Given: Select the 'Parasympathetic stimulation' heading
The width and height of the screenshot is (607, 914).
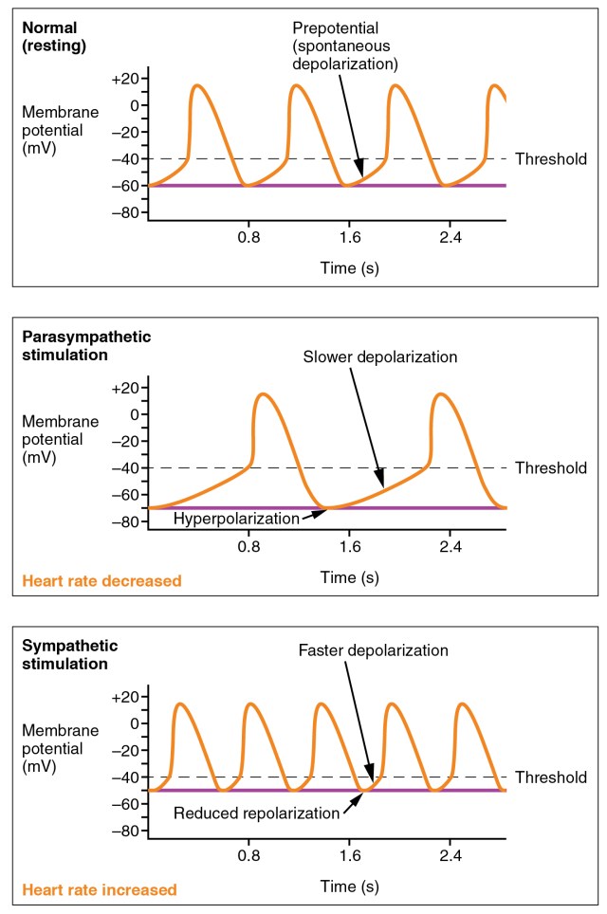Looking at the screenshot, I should tap(86, 346).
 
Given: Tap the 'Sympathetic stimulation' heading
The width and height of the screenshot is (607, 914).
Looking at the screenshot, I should tap(70, 654).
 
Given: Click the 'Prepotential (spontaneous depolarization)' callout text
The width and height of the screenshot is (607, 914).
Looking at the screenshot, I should tap(344, 46).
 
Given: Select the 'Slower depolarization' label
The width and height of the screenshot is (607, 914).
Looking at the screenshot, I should tap(380, 357).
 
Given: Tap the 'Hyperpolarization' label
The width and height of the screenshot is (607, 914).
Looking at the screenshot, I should tap(235, 519).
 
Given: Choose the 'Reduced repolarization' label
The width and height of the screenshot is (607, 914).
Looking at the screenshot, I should tap(256, 813).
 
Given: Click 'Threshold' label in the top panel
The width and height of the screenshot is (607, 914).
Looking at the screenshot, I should tap(550, 159).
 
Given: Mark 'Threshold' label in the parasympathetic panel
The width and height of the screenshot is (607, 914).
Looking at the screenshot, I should tap(550, 467).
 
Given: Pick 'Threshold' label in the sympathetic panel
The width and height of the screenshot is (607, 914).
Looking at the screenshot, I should tap(550, 777).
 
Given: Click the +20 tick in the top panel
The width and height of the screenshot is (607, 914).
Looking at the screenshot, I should tap(124, 79).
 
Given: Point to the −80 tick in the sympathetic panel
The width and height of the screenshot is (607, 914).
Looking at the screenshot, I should tap(124, 832).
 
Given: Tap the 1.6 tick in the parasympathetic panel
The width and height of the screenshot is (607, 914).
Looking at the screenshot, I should tap(350, 547).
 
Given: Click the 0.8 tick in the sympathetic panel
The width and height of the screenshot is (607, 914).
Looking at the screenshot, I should tap(249, 856).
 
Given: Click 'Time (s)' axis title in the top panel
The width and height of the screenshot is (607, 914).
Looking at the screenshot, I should tap(350, 268).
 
